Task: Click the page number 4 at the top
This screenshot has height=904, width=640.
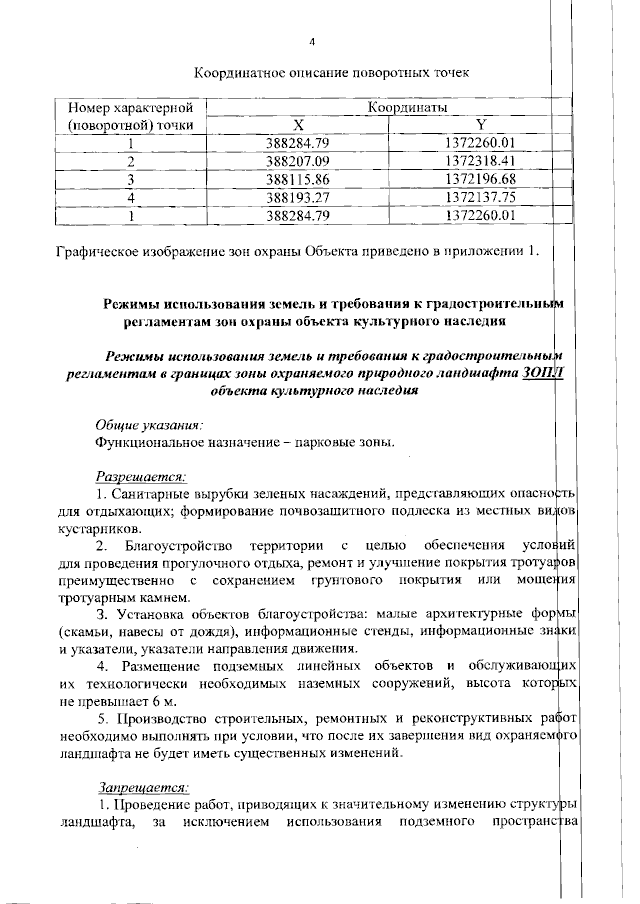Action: [x=313, y=42]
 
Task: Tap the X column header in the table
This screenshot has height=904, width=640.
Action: [x=297, y=125]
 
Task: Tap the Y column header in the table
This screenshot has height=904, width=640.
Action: [x=480, y=125]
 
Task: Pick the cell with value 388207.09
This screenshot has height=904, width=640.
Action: [x=297, y=161]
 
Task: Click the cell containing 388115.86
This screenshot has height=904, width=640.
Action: [x=297, y=179]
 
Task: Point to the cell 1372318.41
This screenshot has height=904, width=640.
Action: [x=480, y=161]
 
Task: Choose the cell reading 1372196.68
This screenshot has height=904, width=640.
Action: [x=480, y=179]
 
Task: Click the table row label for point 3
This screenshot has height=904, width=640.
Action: [x=130, y=179]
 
